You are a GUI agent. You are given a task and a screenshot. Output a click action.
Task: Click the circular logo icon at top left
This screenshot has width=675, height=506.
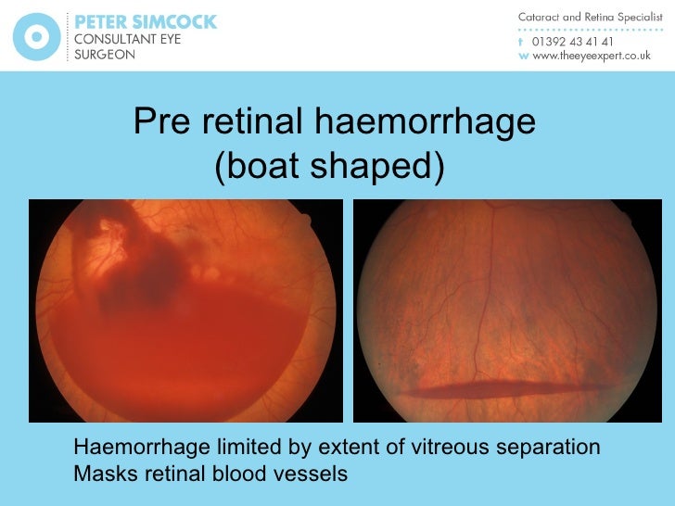tap(36, 37)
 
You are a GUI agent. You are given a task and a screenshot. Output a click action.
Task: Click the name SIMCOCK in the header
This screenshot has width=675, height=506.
tap(172, 20)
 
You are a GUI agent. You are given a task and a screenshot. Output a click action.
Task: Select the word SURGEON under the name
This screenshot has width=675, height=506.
tap(104, 55)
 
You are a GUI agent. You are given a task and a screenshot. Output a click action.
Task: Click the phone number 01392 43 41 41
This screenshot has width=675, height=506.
tap(571, 41)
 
